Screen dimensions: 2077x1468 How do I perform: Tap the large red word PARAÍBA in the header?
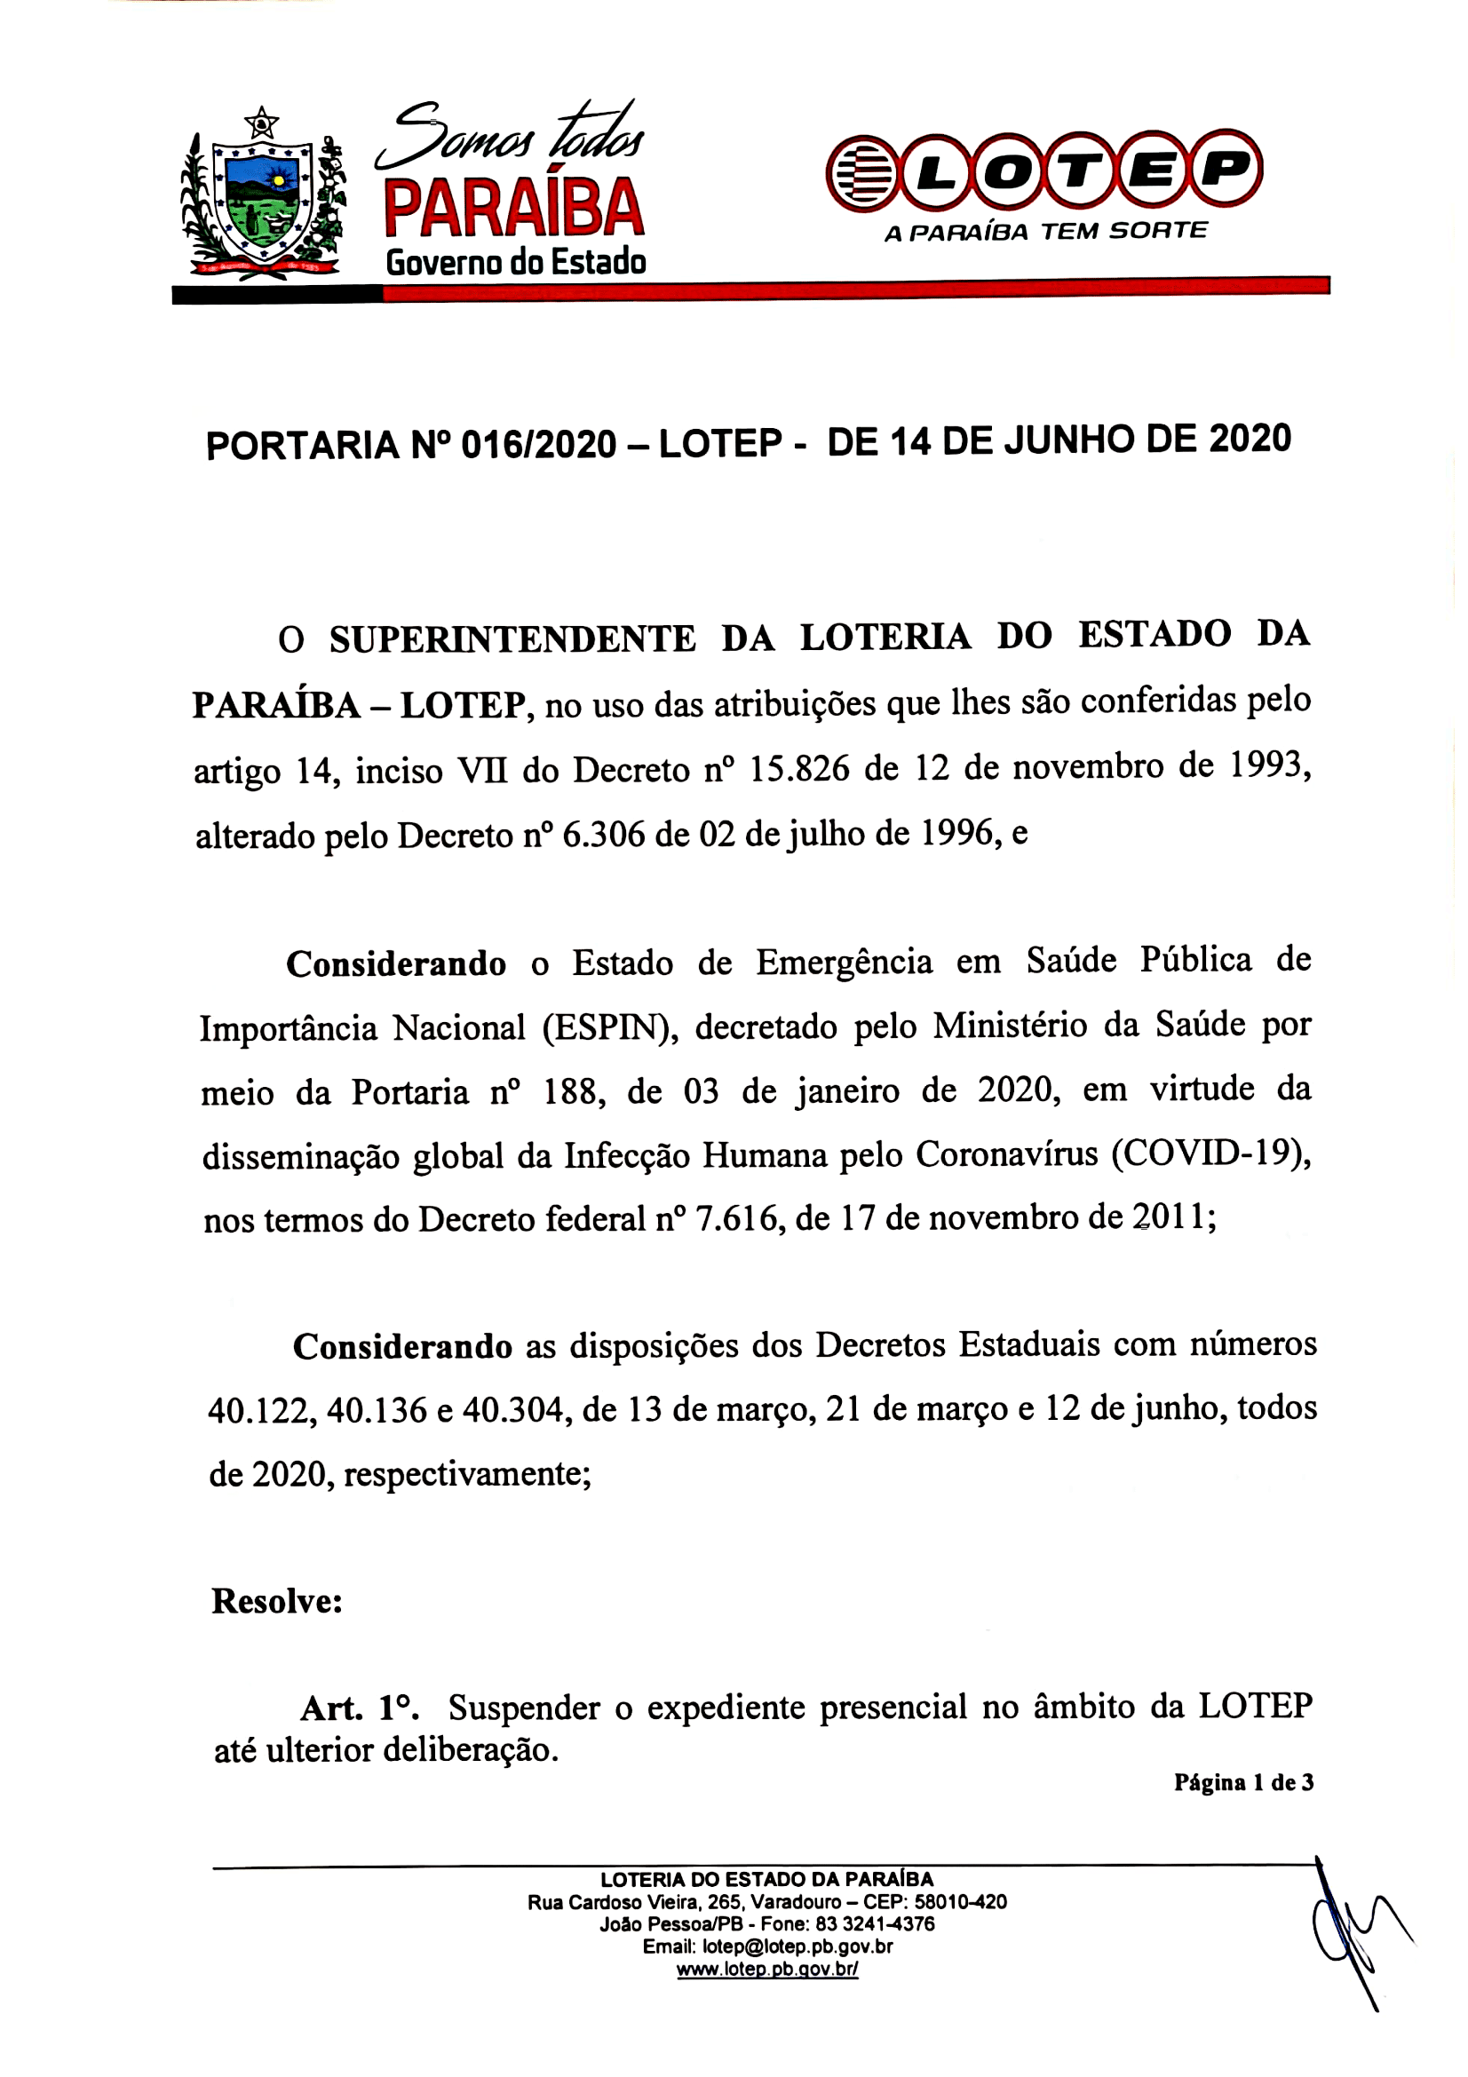coord(512,208)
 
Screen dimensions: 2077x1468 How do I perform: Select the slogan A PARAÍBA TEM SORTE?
coord(1044,232)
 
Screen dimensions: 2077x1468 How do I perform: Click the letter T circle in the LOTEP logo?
coord(1079,171)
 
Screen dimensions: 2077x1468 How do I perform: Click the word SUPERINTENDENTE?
coord(512,638)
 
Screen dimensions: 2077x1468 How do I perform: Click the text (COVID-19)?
coord(1210,1155)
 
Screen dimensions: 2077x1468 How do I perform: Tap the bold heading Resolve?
coord(277,1601)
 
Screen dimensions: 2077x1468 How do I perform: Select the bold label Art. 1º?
coord(359,1708)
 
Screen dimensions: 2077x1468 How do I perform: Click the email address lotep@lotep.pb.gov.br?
coord(797,1946)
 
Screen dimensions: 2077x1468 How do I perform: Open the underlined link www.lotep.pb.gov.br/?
coord(767,1969)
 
